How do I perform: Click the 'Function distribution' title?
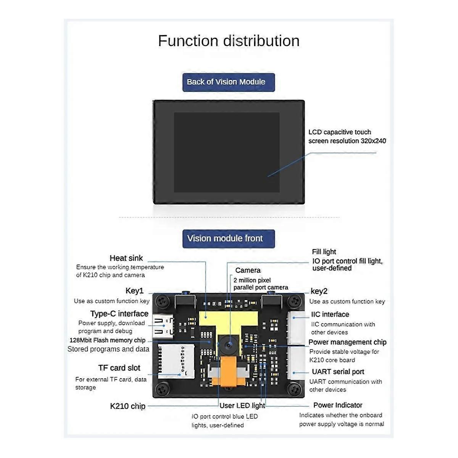click(229, 41)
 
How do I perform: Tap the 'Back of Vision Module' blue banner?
click(228, 82)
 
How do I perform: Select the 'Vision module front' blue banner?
click(228, 239)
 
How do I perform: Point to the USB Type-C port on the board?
click(162, 326)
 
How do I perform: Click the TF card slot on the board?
click(176, 360)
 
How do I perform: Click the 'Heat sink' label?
click(126, 258)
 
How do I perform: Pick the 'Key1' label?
click(134, 291)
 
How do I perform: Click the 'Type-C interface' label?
click(119, 314)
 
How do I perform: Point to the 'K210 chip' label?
click(127, 406)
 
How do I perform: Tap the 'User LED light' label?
click(242, 406)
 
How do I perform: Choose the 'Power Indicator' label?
click(337, 405)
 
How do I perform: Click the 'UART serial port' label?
click(338, 372)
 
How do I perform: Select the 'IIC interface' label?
click(330, 314)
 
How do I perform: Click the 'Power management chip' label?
click(347, 342)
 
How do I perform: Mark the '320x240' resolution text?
click(373, 141)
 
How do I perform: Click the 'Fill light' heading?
click(324, 252)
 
